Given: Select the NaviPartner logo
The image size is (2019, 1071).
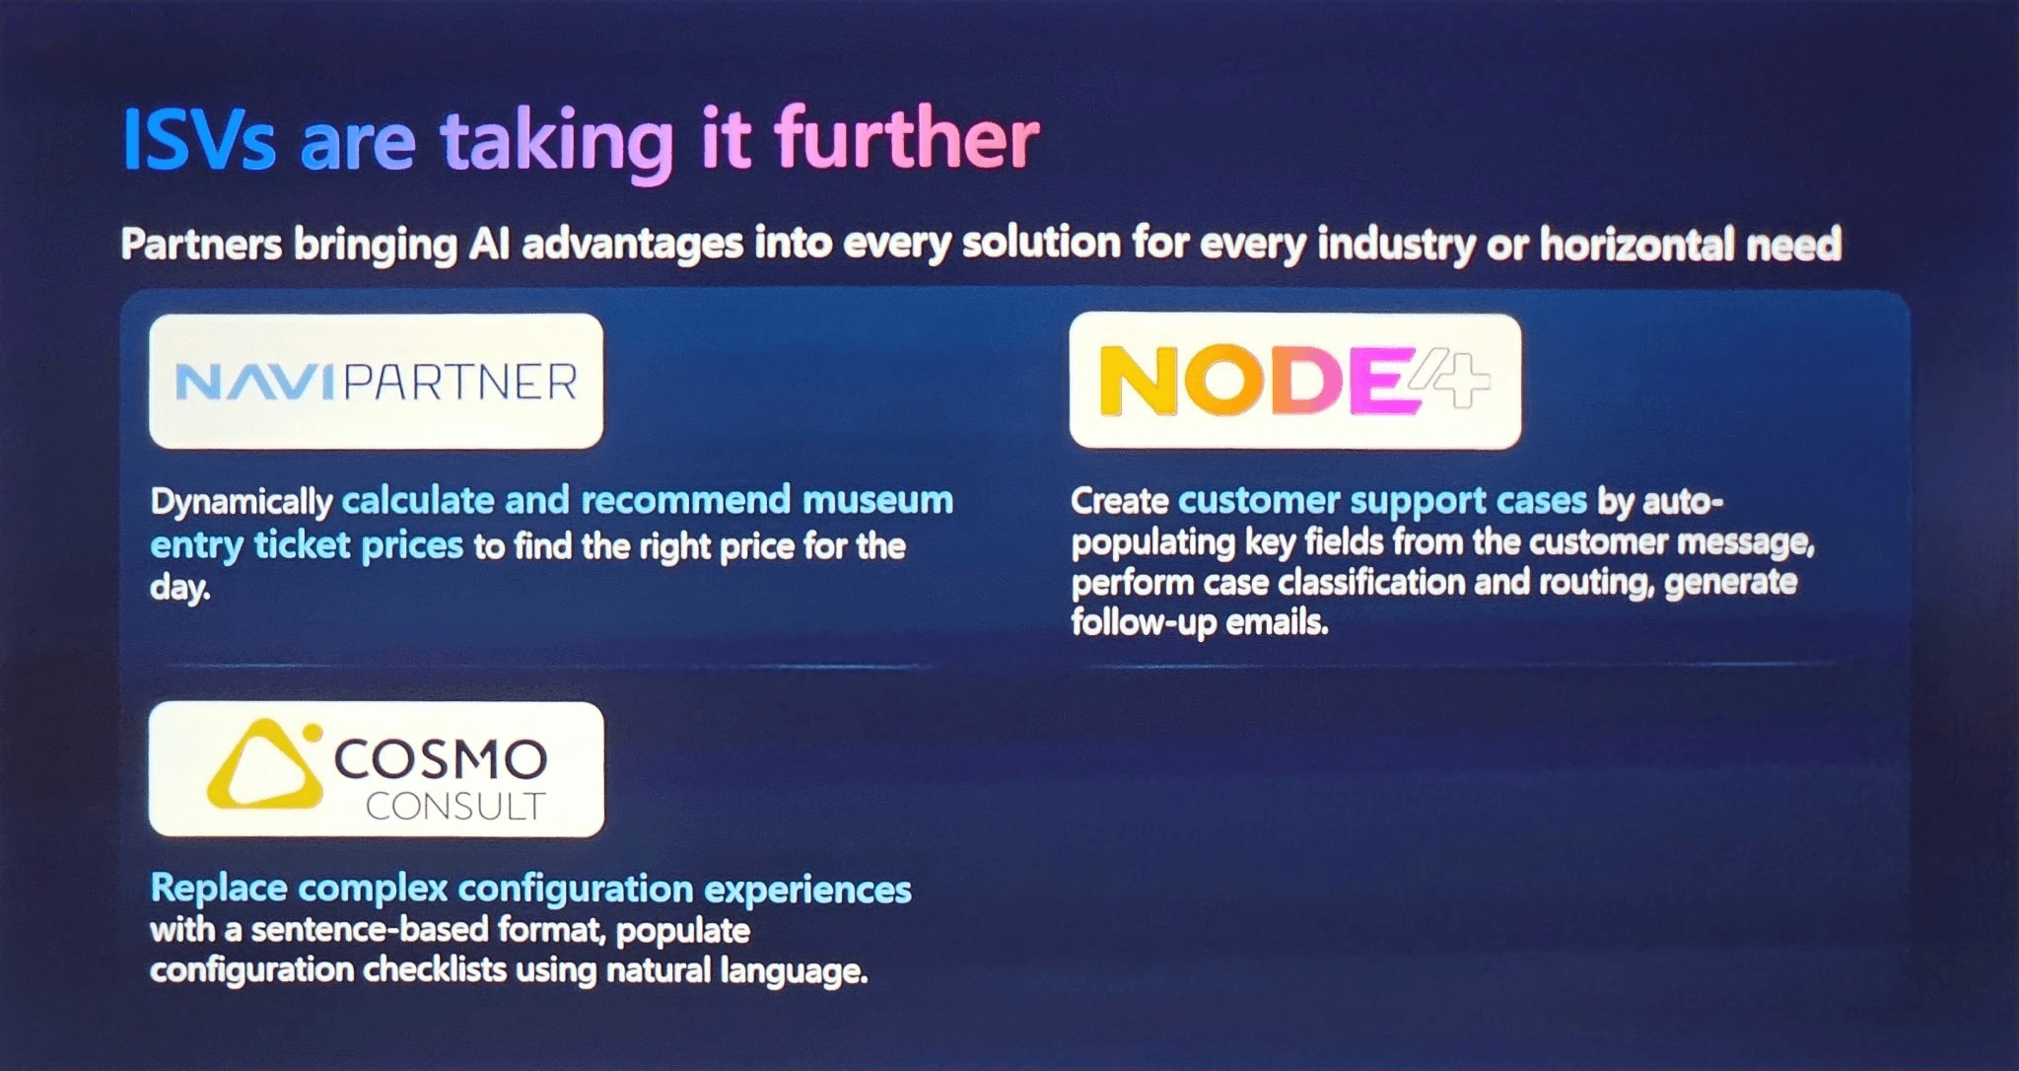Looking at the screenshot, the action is [376, 382].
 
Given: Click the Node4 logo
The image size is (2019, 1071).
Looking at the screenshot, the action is [1295, 381].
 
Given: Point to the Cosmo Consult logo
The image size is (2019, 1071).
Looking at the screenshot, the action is [377, 769].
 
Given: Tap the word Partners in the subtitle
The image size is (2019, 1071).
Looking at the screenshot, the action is [201, 244].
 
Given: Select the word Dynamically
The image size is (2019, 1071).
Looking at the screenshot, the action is [242, 502].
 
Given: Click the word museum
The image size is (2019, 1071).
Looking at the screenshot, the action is [877, 500].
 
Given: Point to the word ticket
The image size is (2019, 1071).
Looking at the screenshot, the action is [302, 544].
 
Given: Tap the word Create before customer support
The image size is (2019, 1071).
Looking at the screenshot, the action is [1120, 501].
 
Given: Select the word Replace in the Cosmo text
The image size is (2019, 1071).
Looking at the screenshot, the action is [219, 889].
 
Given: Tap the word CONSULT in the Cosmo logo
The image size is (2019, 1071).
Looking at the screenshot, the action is [455, 807].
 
